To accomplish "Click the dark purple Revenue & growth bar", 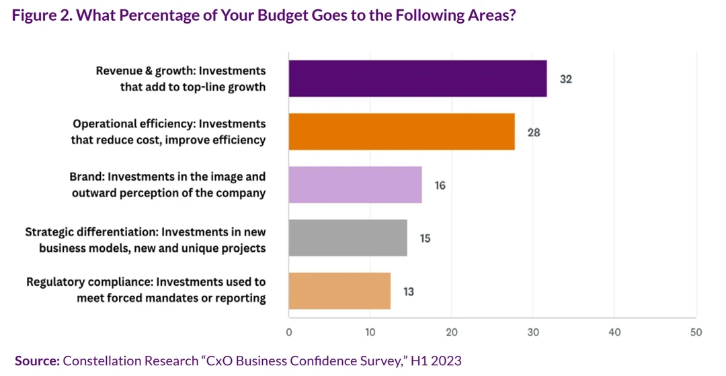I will [417, 79].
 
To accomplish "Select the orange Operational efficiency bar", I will [401, 132].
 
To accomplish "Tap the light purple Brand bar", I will [355, 185].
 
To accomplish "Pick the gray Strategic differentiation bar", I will [348, 238].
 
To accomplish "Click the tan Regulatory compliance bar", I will [339, 291].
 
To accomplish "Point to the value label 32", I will [565, 79].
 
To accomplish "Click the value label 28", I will [533, 132].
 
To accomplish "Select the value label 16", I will [440, 185].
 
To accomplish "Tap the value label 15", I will [425, 238].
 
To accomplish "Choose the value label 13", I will [409, 291].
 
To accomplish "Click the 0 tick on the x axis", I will [289, 332].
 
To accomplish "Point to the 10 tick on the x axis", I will [370, 332].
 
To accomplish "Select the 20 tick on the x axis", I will [452, 332].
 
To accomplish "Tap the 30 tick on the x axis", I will [533, 332].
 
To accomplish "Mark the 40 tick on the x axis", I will [614, 332].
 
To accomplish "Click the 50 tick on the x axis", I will [696, 332].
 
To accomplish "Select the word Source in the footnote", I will [37, 361].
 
